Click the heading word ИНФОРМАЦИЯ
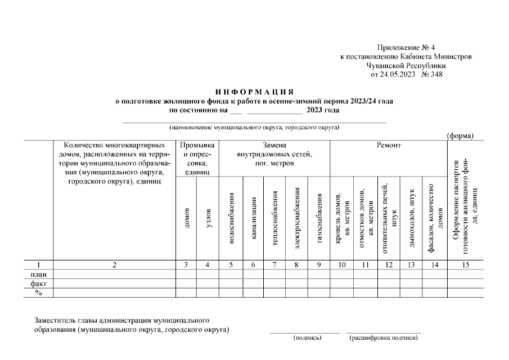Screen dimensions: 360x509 pyautogui.click(x=255, y=92)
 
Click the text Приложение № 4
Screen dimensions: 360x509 pyautogui.click(x=403, y=48)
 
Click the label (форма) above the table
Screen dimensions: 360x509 pyautogui.click(x=460, y=136)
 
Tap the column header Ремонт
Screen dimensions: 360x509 pyautogui.click(x=389, y=145)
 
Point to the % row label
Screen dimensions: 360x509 pyautogui.click(x=38, y=293)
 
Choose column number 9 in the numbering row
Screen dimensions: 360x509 pyautogui.click(x=319, y=264)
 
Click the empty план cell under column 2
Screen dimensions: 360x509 pyautogui.click(x=114, y=274)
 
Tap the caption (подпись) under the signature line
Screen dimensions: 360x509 pyautogui.click(x=307, y=338)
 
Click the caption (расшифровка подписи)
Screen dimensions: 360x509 pyautogui.click(x=384, y=338)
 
